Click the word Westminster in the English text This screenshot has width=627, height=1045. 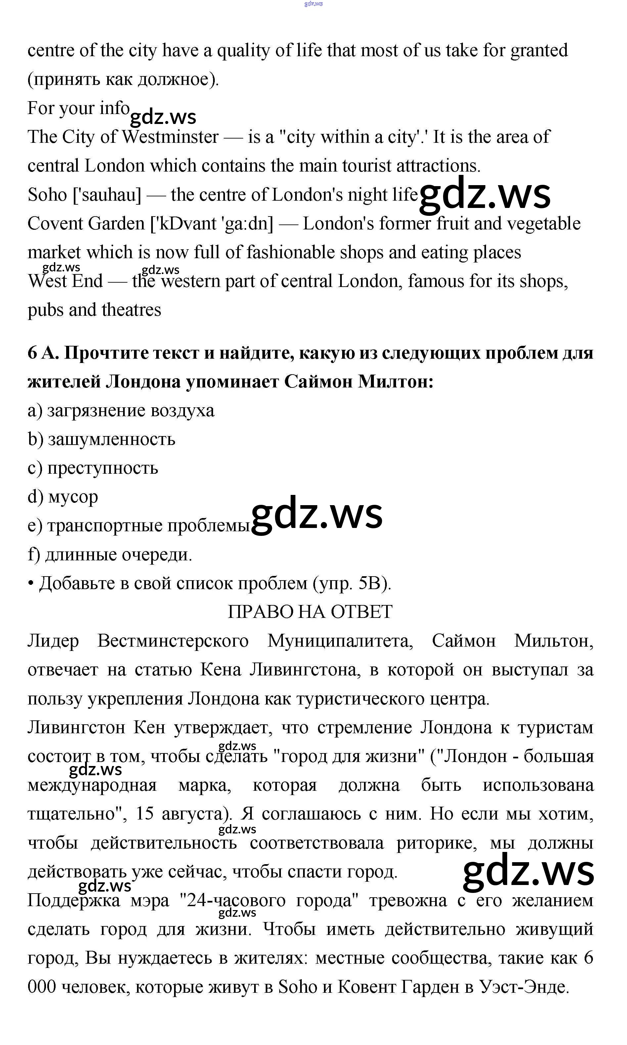click(170, 137)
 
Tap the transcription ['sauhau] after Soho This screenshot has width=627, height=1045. click(107, 195)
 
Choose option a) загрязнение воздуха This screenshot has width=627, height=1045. click(121, 411)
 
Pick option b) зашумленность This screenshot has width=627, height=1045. click(101, 439)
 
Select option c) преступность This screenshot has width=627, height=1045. click(93, 468)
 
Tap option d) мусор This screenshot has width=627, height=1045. click(63, 497)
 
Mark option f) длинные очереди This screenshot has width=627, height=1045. click(110, 555)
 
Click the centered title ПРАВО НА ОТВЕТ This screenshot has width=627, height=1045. click(310, 612)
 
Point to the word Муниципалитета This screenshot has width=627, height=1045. click(340, 641)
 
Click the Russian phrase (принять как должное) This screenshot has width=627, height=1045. click(123, 79)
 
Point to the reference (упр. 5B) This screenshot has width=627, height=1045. click(352, 583)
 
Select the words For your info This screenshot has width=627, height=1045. click(79, 108)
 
